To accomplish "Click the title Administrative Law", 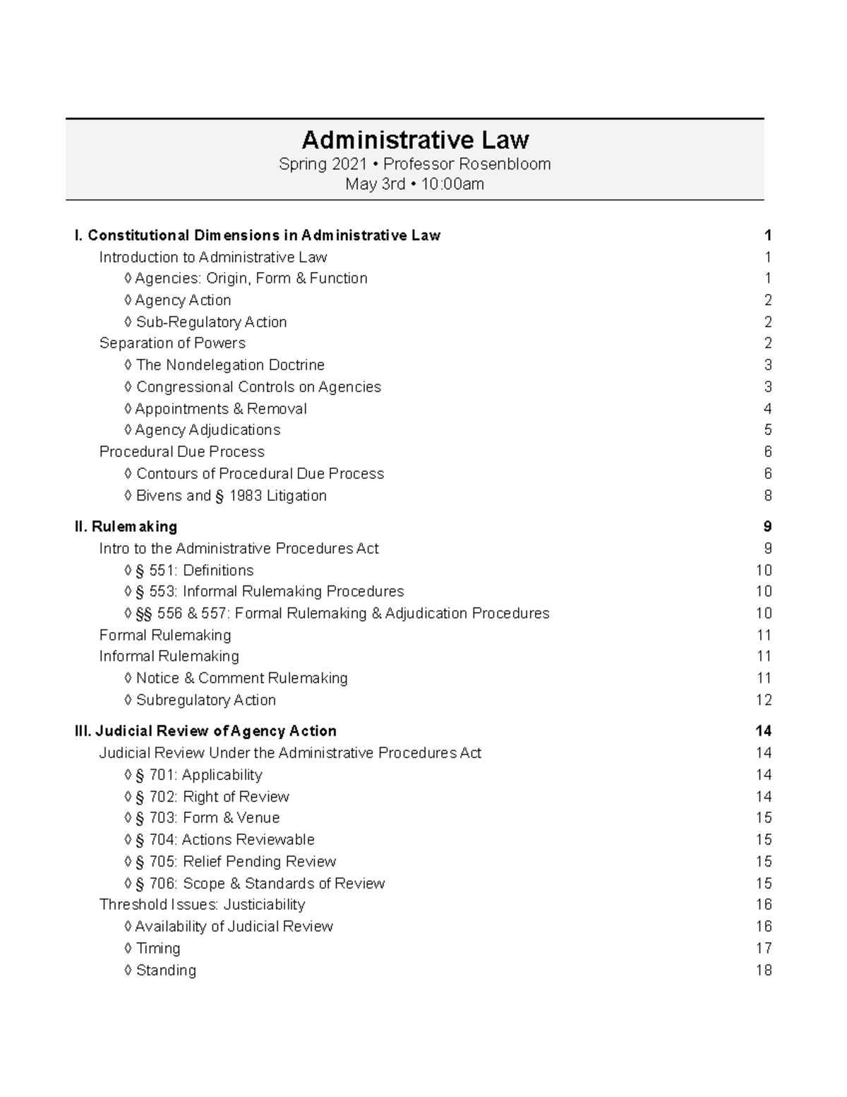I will pos(415,139).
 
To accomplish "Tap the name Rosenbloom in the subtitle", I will pos(505,165).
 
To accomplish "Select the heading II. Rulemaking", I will pos(126,526).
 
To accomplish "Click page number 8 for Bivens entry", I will pos(767,496).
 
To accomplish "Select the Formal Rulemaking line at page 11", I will pos(165,635).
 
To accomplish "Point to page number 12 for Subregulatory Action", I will pos(764,700).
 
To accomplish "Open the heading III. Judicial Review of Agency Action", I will pos(205,731).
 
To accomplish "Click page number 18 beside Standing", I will pos(764,971).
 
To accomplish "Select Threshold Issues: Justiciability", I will pos(202,905).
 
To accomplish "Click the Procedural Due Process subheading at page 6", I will pos(182,452).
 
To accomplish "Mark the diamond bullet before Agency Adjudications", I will pos(128,430).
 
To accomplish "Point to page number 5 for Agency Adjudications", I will pos(767,430).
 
